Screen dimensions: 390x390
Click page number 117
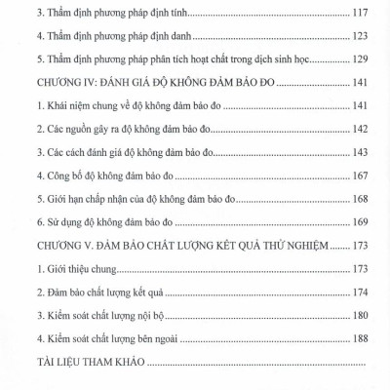click(357, 17)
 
